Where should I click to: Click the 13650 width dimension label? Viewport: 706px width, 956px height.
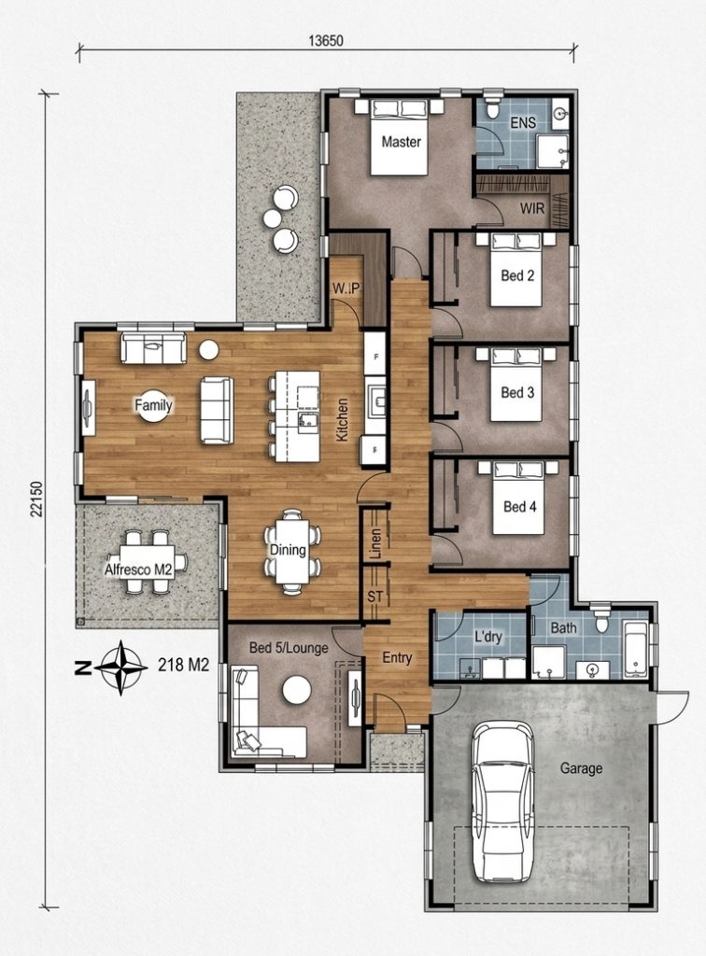(x=326, y=41)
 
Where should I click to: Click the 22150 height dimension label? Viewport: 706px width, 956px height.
(x=36, y=499)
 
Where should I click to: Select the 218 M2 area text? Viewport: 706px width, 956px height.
(x=184, y=665)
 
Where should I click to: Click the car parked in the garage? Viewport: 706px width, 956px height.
(x=503, y=802)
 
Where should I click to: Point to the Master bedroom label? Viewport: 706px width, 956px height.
(x=402, y=142)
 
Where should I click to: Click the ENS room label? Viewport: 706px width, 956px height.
(x=523, y=122)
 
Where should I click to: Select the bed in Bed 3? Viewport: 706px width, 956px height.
(x=515, y=384)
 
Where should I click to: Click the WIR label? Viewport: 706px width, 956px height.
(x=532, y=208)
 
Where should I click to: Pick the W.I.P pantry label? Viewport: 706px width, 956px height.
(x=346, y=288)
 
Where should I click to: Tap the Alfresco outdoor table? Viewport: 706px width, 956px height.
(x=147, y=561)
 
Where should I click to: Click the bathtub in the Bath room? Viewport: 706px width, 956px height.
(x=637, y=650)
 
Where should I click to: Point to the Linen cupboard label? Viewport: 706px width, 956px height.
(x=375, y=543)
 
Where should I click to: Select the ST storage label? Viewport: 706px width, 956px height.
(x=375, y=597)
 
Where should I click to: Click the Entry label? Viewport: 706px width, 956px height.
(x=397, y=658)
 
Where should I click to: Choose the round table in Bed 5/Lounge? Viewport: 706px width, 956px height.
(x=297, y=690)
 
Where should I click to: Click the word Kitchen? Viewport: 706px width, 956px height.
(x=342, y=420)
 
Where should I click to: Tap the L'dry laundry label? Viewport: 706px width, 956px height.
(x=488, y=637)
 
